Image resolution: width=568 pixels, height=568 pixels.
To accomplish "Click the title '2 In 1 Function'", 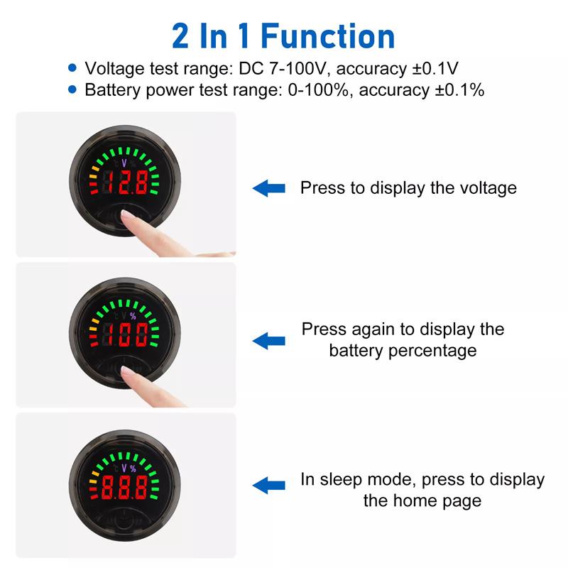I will coord(283,35).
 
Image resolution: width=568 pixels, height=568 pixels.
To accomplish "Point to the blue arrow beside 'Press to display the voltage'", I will coord(269,188).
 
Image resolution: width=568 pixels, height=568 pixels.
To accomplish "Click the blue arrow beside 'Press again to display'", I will coord(269,340).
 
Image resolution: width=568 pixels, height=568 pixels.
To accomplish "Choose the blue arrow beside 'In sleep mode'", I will coord(269,486).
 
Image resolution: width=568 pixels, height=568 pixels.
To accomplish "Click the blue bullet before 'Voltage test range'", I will coord(72,67).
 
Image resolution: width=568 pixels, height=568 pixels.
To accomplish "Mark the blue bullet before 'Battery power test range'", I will coord(72,89).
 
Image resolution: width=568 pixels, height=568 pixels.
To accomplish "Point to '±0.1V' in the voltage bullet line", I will coord(435,68).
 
